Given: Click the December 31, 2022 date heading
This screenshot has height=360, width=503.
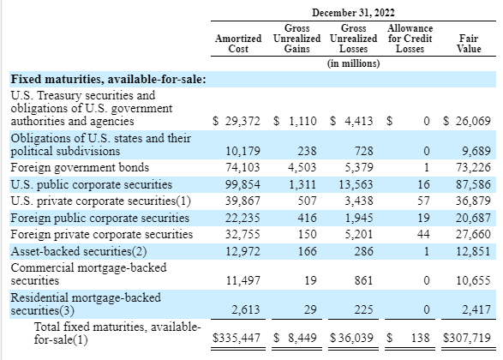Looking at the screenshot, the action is point(353,13).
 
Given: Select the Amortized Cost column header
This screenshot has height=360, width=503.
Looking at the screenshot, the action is point(238,44).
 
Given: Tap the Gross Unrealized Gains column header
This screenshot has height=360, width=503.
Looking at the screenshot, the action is point(296,39).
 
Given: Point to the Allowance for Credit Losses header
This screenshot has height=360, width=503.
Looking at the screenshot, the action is point(410,39).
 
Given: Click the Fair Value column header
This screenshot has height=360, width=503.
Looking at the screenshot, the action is point(469,44).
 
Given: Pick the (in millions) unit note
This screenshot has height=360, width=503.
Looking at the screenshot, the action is point(353,63).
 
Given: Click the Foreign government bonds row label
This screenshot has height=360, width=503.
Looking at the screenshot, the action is point(80,167).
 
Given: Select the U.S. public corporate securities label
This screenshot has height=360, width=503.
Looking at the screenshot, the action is point(92,184).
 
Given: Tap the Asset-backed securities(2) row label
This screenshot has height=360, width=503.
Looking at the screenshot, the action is point(79,251).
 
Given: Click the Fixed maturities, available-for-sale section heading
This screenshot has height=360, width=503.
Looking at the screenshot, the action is point(109,79).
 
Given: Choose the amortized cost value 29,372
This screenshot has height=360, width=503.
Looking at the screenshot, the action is point(243,121).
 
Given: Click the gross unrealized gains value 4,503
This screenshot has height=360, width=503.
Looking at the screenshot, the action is point(302,167).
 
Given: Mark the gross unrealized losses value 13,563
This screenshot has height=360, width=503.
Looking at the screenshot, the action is point(356,184).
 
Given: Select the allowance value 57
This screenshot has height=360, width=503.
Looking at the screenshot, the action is point(423,201).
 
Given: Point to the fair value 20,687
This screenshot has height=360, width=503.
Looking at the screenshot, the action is point(473,218).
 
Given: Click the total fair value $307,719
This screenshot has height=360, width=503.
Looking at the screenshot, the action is point(467,338).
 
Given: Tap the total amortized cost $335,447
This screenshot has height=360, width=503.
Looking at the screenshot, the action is point(237,338).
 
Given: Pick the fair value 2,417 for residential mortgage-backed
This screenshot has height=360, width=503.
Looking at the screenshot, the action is point(476,309).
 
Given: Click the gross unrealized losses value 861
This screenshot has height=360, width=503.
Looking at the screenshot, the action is point(363,280).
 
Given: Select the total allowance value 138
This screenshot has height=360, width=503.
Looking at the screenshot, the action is point(420,338).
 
